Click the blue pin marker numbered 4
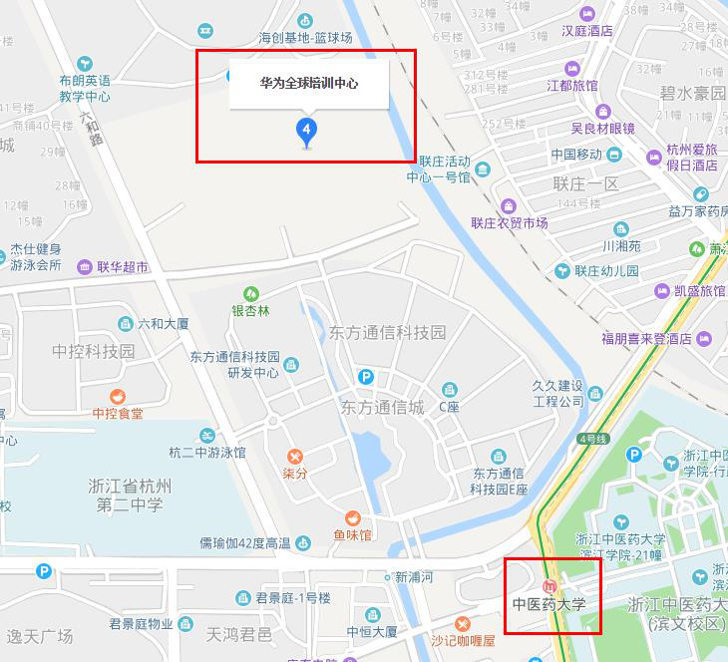point(306,131)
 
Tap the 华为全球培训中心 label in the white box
point(308,84)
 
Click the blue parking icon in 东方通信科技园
point(367,377)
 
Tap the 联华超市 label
point(123,267)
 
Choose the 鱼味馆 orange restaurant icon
point(353,518)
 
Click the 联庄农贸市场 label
point(510,222)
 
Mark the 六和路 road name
point(91,127)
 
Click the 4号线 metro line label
point(592,439)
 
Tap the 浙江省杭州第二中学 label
point(130,496)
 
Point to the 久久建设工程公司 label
point(558,394)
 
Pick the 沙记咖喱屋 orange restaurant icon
point(462,624)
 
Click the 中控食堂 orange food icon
point(118,396)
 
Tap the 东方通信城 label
point(382,408)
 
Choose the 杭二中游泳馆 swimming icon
point(207,436)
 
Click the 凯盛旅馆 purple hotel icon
point(662,291)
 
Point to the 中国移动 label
point(576,155)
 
